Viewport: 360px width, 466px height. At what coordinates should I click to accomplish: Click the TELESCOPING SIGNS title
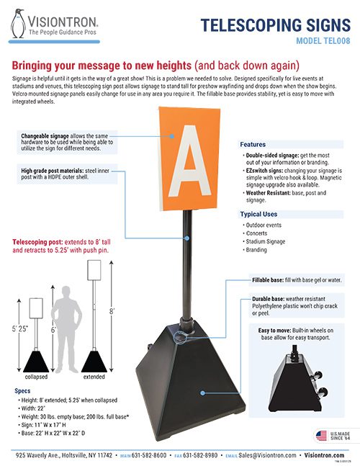(274, 25)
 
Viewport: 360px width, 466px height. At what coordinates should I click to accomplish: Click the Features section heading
(253, 144)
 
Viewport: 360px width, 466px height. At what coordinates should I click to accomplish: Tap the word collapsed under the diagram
(36, 377)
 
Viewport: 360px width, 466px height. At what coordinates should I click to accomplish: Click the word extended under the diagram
(94, 377)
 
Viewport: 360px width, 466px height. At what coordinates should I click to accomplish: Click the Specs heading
(22, 390)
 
